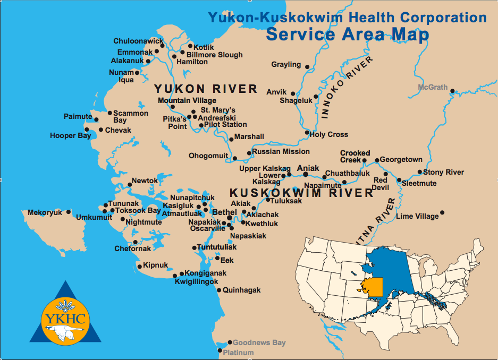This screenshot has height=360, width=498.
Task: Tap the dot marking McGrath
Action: [x=452, y=91]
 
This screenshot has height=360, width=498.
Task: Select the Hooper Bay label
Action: [x=70, y=135]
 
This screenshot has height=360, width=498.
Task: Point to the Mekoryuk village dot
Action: [x=68, y=212]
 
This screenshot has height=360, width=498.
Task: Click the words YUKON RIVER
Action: [x=205, y=89]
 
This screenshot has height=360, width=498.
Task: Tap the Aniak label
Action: [x=308, y=168]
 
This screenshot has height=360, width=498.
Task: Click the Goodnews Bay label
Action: [x=259, y=343]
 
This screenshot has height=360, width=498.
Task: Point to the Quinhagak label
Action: [x=242, y=290]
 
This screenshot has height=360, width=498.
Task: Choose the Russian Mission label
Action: [x=281, y=151]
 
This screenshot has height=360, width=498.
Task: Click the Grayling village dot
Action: [x=307, y=66]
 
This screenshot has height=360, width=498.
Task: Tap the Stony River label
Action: [x=443, y=172]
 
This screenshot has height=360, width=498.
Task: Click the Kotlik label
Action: [x=204, y=47]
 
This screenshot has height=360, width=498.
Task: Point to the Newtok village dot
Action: [x=130, y=185]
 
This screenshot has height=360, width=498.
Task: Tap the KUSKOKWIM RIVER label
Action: [x=301, y=193]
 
